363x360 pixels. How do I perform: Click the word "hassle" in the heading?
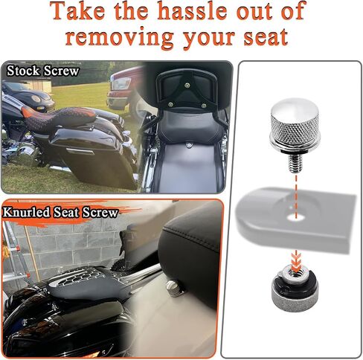point(192,11)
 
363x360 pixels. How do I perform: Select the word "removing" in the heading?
point(120,38)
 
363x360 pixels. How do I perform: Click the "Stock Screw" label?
point(42,71)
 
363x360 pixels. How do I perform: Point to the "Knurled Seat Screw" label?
point(60,213)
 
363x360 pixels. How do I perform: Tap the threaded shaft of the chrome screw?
point(296,163)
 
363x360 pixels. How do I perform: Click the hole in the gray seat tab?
point(296,218)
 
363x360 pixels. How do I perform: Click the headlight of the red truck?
point(121,83)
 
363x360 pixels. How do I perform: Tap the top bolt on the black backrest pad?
point(187,86)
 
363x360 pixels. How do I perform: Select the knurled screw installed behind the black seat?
point(173,288)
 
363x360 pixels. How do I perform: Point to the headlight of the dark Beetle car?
point(36,98)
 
